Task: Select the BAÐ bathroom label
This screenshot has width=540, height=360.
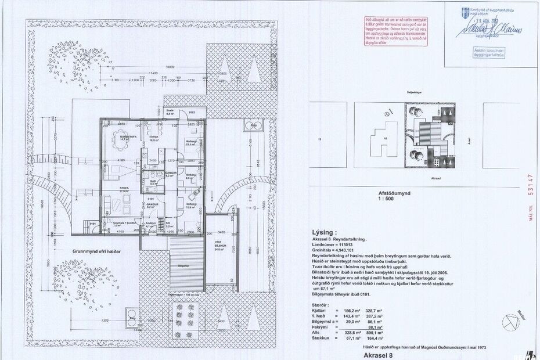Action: (x=153, y=182)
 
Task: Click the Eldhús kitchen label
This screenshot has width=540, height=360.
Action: (x=154, y=138)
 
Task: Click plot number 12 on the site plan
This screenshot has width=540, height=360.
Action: (x=319, y=139)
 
